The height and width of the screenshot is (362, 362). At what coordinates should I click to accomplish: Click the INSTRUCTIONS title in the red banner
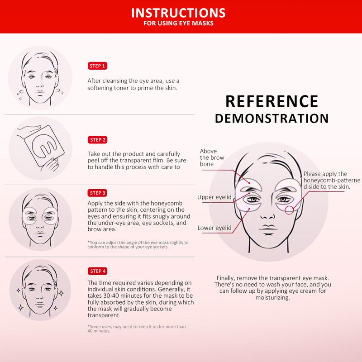click(x=181, y=12)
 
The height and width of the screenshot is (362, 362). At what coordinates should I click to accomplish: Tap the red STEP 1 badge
click(x=97, y=66)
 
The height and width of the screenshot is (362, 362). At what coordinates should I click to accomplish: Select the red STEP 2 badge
click(x=97, y=140)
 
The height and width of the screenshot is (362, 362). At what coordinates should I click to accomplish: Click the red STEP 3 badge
click(x=97, y=192)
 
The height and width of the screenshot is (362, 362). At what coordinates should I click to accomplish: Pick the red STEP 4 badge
click(x=97, y=271)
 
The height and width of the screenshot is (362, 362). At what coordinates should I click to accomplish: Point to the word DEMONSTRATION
click(x=271, y=118)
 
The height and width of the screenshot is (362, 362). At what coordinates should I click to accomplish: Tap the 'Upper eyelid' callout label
click(x=214, y=197)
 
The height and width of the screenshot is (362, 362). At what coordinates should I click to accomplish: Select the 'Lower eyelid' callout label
click(x=214, y=228)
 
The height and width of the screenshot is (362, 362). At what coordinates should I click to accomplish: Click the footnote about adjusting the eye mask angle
click(x=138, y=245)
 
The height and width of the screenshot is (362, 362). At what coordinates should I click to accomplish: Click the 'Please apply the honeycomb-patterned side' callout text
click(x=332, y=180)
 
